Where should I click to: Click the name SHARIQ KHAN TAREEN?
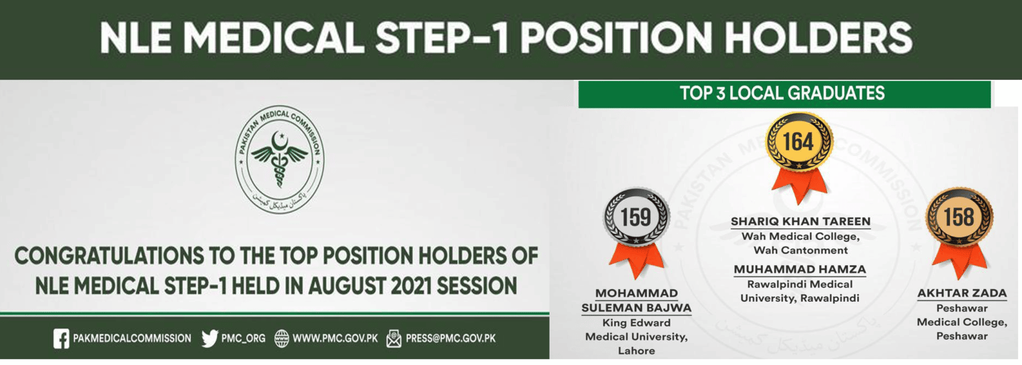800,221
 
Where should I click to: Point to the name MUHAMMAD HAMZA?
800,269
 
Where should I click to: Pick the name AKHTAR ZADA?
961,293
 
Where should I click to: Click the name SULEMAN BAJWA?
637,308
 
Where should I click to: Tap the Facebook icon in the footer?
61,338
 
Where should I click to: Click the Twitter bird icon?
210,338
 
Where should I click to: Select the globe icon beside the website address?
281,338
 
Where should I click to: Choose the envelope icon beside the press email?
394,338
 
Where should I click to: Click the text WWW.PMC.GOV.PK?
335,338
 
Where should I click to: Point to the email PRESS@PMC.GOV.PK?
450,338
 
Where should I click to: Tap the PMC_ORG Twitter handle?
243,338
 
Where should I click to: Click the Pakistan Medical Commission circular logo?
279,160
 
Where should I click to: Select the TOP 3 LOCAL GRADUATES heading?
782,94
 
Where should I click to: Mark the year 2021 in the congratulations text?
409,286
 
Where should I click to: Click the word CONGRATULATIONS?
110,256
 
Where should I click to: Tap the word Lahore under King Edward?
637,351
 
